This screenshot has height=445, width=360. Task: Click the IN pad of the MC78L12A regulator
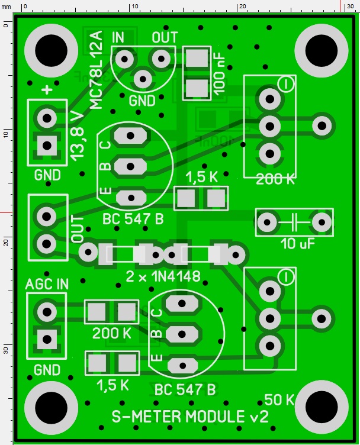point(124,58)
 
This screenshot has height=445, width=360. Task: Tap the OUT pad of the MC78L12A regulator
point(160,58)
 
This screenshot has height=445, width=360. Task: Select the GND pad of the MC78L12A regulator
point(143,78)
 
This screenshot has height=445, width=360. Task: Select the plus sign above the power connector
point(47,90)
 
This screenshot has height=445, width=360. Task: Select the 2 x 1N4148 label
point(163,276)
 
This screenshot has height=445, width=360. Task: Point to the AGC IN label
point(47,283)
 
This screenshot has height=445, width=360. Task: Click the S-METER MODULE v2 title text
point(190,416)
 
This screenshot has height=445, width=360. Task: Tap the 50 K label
point(279,399)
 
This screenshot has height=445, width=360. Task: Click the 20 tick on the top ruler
point(242,6)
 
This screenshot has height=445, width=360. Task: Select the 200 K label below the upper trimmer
point(275,180)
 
